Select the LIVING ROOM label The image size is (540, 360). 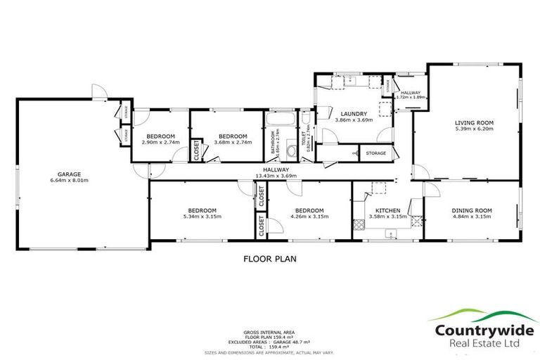point(470,122)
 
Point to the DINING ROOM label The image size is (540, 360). point(470,210)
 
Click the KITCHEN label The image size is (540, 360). point(387,210)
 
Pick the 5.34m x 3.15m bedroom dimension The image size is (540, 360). point(201,217)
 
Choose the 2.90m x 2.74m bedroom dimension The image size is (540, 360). point(161,142)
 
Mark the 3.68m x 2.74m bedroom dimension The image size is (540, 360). point(232,142)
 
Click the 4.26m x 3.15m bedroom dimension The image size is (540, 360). point(309,217)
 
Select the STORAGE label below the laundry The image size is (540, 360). point(375,153)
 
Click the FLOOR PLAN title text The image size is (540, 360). point(270,259)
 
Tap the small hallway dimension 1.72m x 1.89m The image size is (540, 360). point(411,98)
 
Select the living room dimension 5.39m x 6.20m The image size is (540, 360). point(470,129)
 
